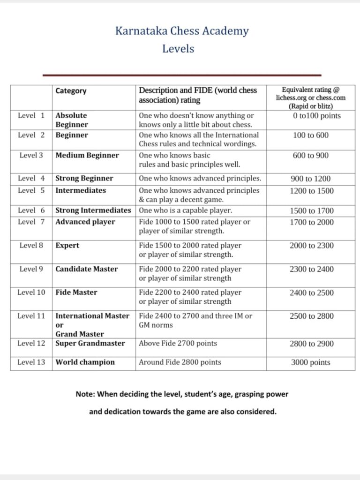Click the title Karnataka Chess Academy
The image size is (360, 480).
(x=182, y=31)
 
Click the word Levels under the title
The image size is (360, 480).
(x=178, y=48)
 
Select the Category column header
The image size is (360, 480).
(x=71, y=91)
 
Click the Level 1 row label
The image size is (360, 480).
(x=31, y=115)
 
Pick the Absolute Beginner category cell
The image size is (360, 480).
(x=72, y=120)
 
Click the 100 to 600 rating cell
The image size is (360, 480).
(x=310, y=135)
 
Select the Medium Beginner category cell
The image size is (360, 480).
(x=87, y=155)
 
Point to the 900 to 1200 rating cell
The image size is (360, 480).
(x=310, y=179)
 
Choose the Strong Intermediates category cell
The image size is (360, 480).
(x=93, y=210)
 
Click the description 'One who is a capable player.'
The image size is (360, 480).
(x=186, y=210)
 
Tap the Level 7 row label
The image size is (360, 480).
(x=31, y=222)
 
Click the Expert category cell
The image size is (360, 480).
(x=67, y=246)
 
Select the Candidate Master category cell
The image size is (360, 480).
(x=87, y=269)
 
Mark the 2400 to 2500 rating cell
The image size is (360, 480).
(x=311, y=293)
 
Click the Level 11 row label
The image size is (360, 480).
(x=31, y=316)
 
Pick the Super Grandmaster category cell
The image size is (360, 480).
(x=90, y=344)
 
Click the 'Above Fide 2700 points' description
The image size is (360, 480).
(x=178, y=344)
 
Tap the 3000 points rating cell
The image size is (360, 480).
(x=310, y=362)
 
